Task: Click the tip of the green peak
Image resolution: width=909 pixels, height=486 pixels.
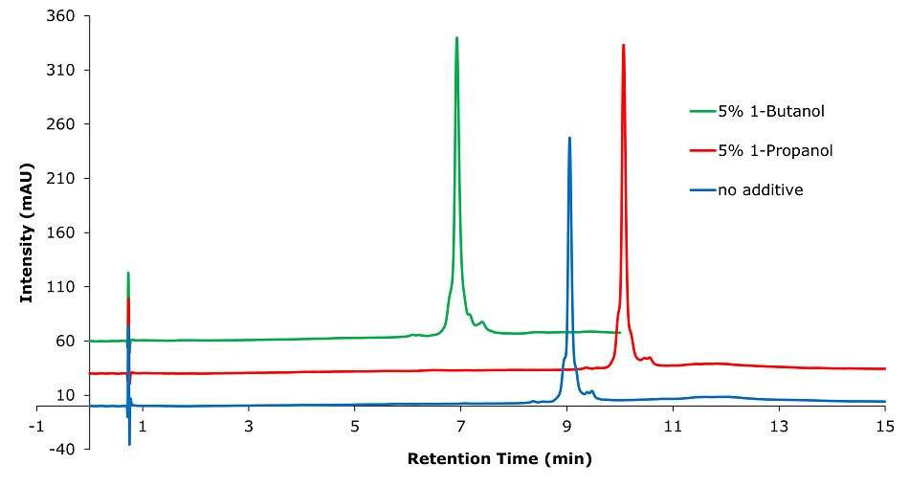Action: [456, 38]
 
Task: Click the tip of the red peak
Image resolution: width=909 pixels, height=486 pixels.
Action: [624, 45]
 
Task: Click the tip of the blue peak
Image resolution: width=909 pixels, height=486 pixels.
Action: [569, 138]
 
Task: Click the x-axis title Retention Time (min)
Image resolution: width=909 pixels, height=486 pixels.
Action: [499, 458]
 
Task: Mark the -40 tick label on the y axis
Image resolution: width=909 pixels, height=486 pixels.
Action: [64, 450]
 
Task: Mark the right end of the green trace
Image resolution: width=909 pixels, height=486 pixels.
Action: [620, 333]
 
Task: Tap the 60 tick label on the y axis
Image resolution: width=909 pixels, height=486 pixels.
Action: [68, 342]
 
